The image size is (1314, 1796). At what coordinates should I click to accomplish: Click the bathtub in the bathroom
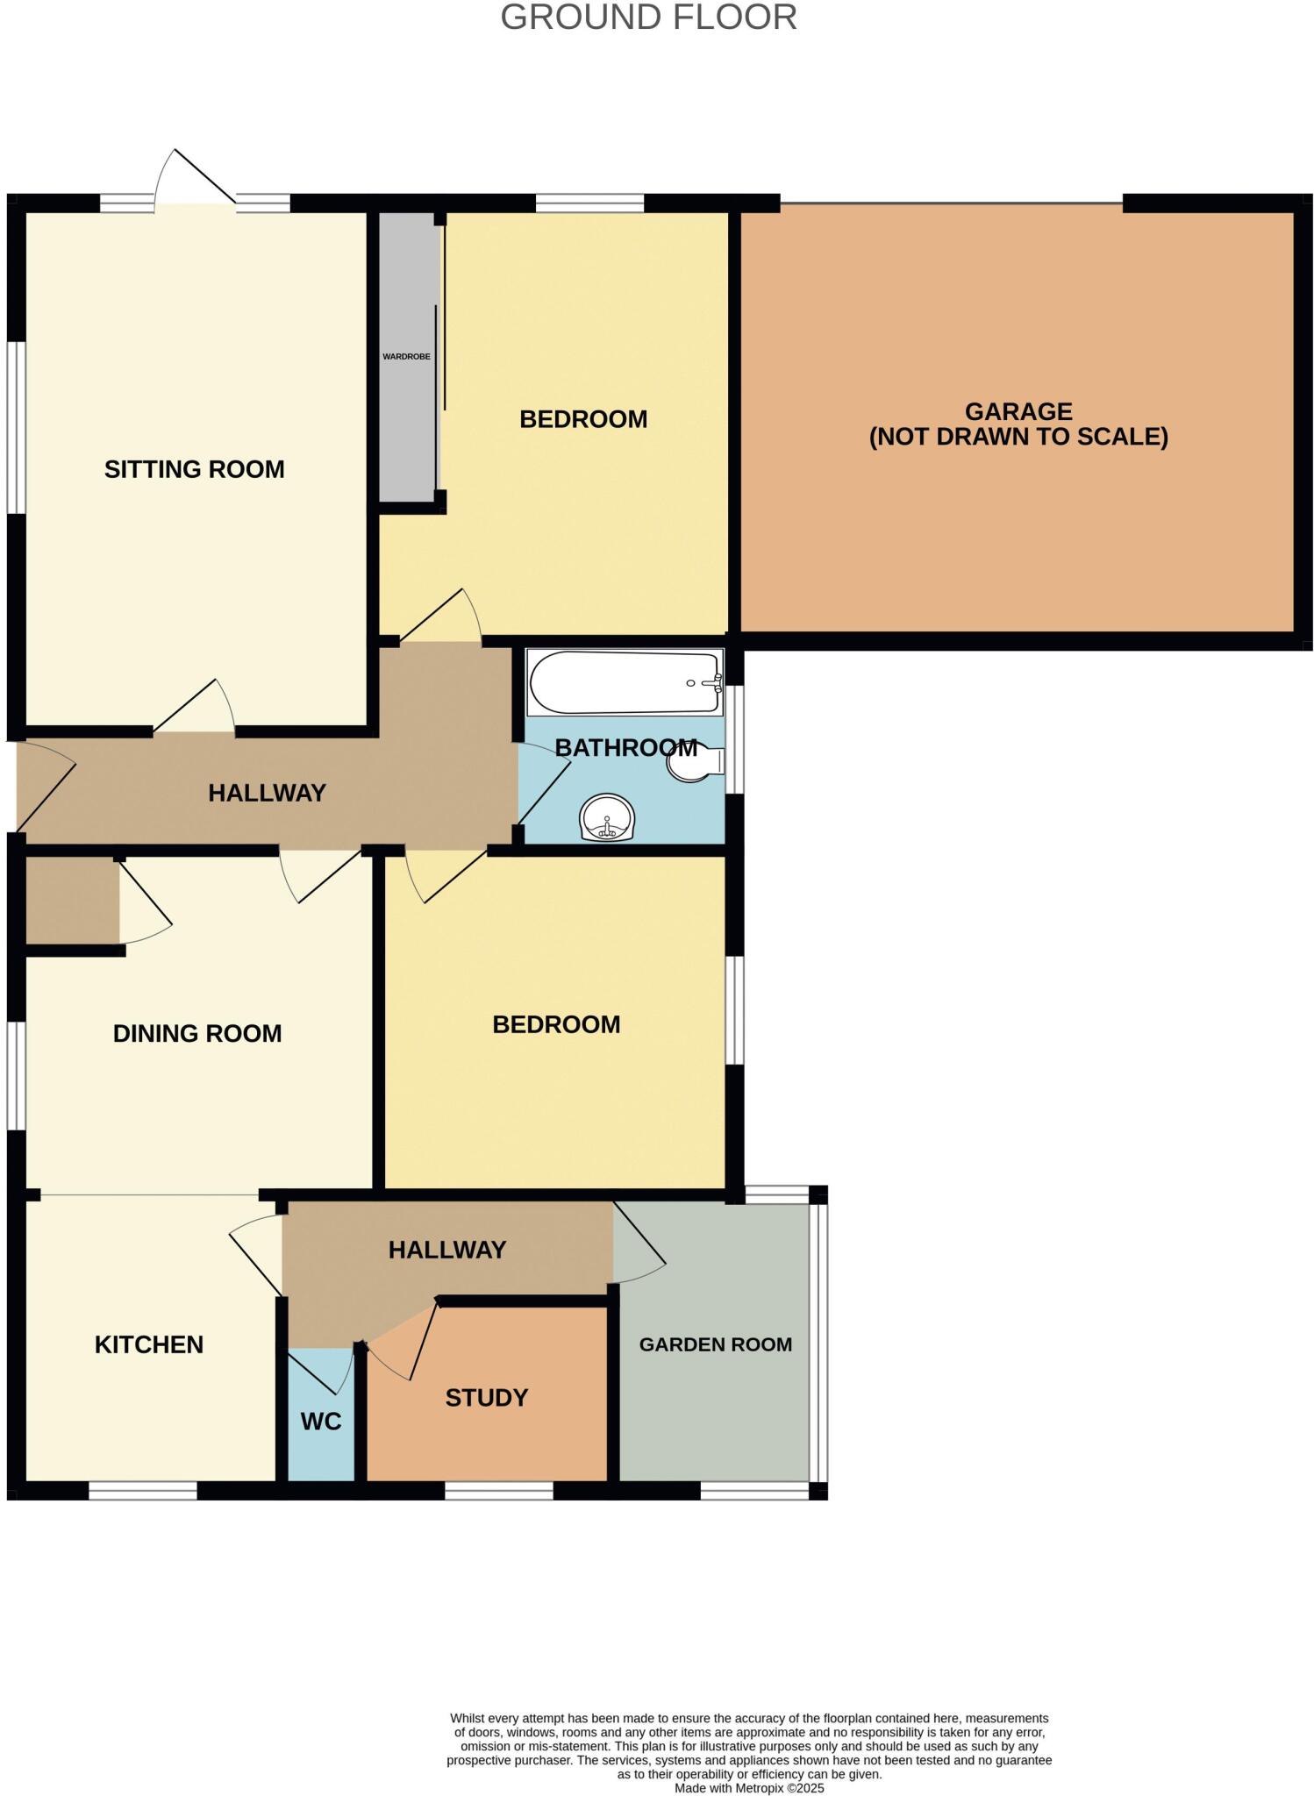[x=624, y=683]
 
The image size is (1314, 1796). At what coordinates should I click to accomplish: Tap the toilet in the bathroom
[x=696, y=763]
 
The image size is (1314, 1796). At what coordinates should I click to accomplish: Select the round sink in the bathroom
[x=606, y=817]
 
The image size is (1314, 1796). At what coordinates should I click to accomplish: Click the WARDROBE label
[x=406, y=357]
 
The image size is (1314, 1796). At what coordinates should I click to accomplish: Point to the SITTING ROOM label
[x=194, y=470]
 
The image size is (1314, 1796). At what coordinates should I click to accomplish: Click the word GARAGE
[x=1018, y=411]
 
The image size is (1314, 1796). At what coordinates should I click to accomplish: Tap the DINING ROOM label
[x=197, y=1034]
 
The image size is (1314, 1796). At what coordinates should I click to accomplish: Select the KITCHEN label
[x=149, y=1344]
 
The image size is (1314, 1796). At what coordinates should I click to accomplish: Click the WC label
[x=321, y=1422]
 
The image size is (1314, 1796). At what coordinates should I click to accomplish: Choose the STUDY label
[x=486, y=1398]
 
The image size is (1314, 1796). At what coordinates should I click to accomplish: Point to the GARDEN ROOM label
[x=715, y=1344]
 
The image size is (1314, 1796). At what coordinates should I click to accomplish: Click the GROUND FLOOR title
[x=648, y=18]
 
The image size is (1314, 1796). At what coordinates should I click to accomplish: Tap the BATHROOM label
[x=625, y=748]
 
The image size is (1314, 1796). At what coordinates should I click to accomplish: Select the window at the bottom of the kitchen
[x=143, y=1491]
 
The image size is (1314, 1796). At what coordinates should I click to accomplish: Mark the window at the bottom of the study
[x=498, y=1491]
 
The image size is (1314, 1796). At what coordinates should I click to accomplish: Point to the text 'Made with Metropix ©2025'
[x=749, y=1788]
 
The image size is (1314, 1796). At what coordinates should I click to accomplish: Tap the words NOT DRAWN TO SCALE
[x=1018, y=437]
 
